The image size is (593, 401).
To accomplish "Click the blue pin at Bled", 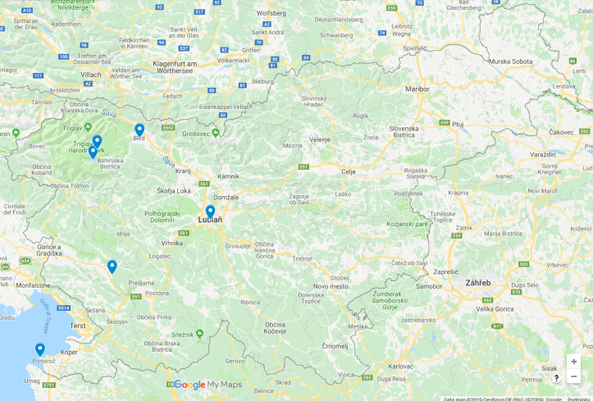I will (139, 129).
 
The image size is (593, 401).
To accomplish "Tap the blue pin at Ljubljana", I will (210, 211).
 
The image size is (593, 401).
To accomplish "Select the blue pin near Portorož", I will (39, 349).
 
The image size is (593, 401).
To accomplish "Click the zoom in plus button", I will (573, 362).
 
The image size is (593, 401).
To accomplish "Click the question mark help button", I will (556, 378).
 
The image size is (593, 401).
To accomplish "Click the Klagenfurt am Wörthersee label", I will (197, 68).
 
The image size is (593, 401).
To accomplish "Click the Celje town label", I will (349, 171).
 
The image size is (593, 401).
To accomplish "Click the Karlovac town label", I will (400, 366).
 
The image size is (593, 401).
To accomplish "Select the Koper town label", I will (70, 352).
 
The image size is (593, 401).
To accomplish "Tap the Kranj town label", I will (184, 171).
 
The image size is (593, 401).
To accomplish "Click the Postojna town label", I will (157, 293).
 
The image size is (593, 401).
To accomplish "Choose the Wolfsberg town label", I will (271, 13).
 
